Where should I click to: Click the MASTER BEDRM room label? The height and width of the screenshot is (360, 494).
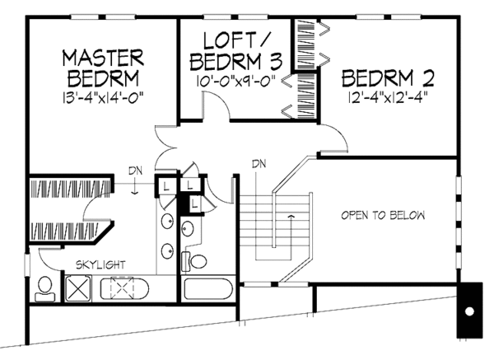pos(105,67)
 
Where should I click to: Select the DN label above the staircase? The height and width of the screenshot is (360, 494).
pos(259,161)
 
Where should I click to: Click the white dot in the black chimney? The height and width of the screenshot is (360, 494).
pos(468,312)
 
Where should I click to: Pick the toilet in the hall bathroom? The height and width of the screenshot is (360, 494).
pos(198,262)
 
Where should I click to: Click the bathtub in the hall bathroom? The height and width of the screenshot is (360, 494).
pos(208,289)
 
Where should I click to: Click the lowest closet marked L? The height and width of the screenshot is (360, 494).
pos(195,201)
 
